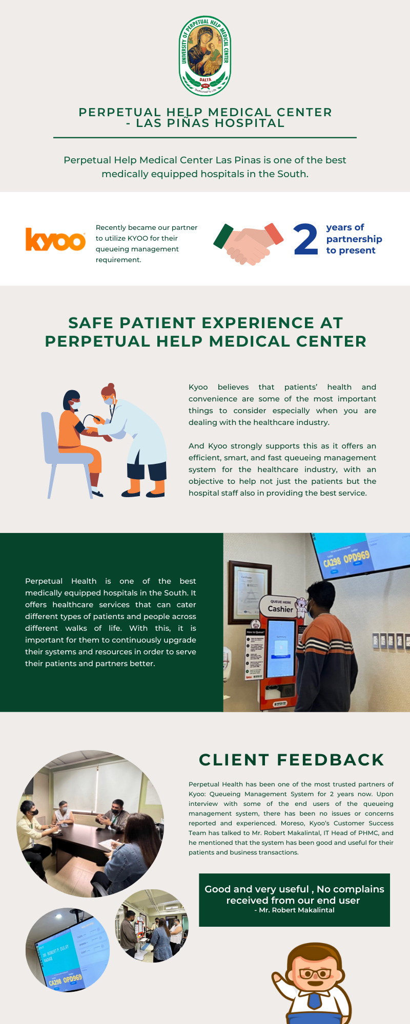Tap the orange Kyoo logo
click(55, 240)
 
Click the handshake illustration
click(249, 243)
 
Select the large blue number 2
click(306, 239)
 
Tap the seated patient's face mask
click(76, 406)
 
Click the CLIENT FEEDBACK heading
click(291, 760)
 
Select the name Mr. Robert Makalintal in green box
click(296, 910)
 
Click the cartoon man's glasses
click(314, 973)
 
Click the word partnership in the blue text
click(354, 239)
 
